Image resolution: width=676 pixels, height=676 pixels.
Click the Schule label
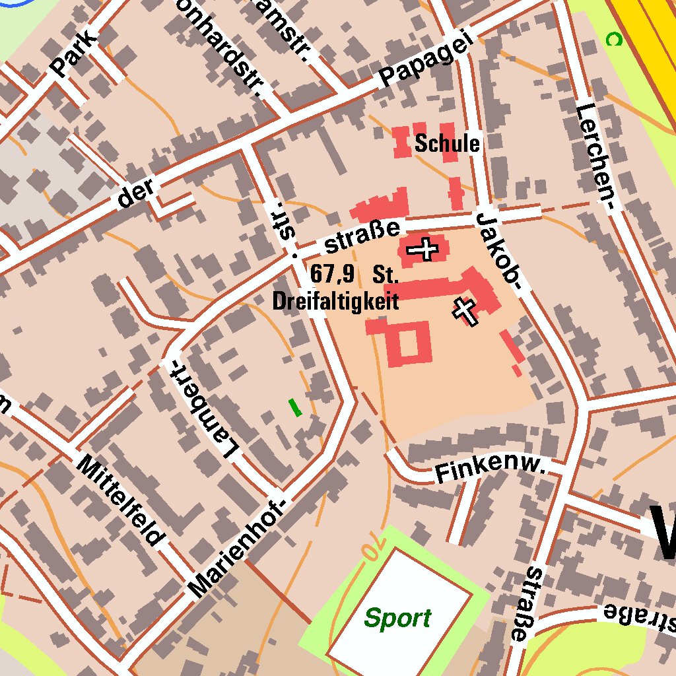(x=447, y=143)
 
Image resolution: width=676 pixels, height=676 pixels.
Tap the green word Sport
(x=397, y=619)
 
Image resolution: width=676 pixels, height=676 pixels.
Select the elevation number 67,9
(x=332, y=273)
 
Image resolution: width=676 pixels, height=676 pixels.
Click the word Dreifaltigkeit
(x=335, y=302)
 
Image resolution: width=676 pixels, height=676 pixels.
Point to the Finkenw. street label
(x=490, y=471)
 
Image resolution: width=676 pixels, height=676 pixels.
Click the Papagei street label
(x=426, y=61)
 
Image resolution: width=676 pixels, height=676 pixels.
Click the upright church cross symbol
(x=422, y=250)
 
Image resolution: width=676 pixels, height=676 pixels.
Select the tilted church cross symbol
(x=465, y=311)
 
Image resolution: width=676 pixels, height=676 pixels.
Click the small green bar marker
(x=295, y=407)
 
